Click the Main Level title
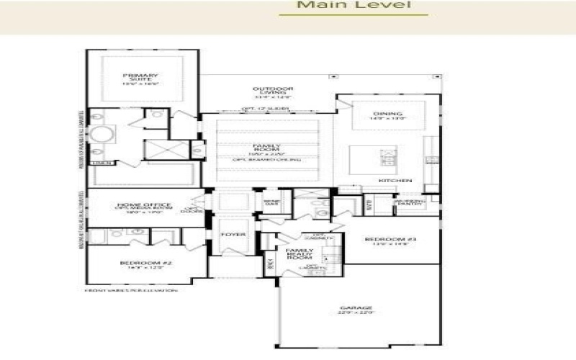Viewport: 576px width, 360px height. point(354,6)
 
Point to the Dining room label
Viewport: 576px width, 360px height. point(387,115)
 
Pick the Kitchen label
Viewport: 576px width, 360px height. point(395,180)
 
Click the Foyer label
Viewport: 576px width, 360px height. point(234,235)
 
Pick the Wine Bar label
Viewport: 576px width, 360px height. point(271,202)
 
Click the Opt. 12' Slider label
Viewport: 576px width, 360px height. point(265,109)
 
